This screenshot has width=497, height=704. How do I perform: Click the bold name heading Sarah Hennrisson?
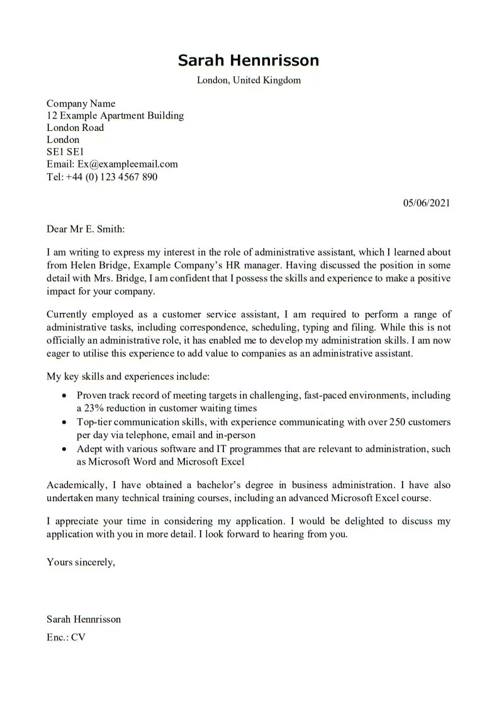pyautogui.click(x=248, y=60)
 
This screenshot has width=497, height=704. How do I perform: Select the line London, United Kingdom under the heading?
pyautogui.click(x=248, y=80)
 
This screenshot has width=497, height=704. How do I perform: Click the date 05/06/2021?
pyautogui.click(x=426, y=203)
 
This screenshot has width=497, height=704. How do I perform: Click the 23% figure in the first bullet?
pyautogui.click(x=96, y=408)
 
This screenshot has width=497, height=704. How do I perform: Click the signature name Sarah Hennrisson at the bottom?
pyautogui.click(x=84, y=619)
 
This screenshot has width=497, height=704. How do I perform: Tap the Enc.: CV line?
pyautogui.click(x=66, y=637)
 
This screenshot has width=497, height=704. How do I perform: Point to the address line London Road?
pyautogui.click(x=75, y=127)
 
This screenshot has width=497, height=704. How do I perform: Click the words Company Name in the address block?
pyautogui.click(x=81, y=103)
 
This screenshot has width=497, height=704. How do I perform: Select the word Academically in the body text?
pyautogui.click(x=75, y=485)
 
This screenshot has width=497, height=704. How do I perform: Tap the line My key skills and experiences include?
pyautogui.click(x=128, y=377)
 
